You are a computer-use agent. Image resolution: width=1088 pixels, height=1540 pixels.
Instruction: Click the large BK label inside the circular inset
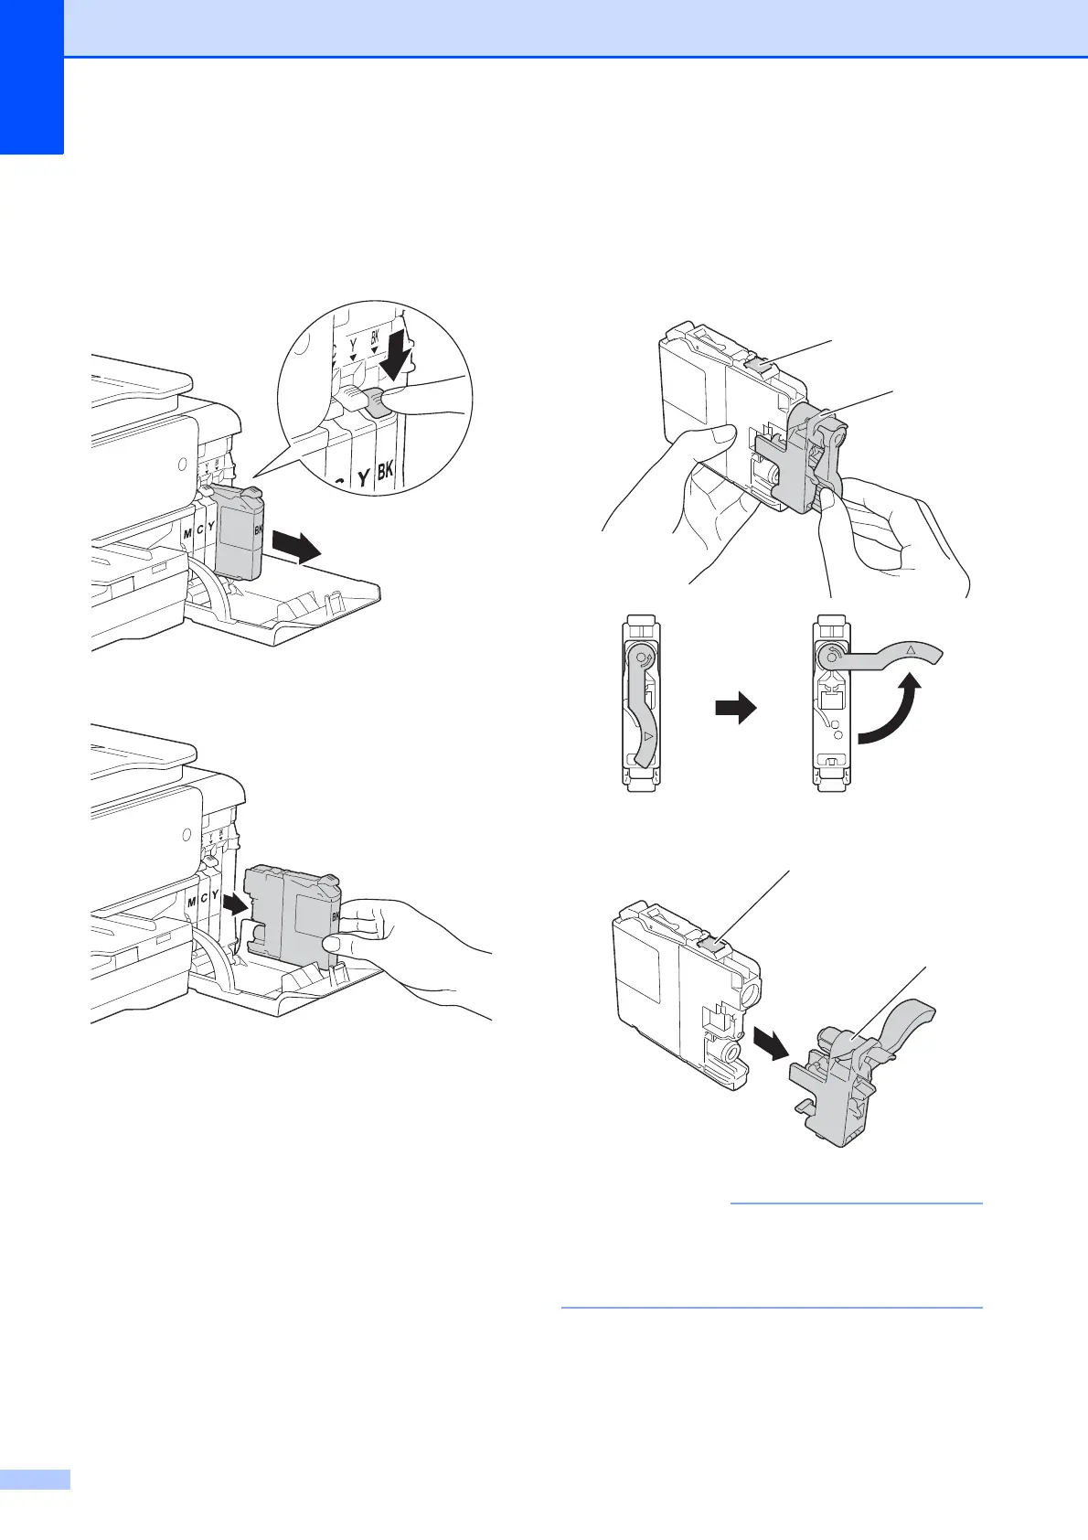tap(385, 471)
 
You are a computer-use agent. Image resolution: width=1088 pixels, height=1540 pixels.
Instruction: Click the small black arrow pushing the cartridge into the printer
tap(235, 904)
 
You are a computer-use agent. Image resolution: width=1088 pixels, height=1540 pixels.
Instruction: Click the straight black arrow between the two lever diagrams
tap(736, 708)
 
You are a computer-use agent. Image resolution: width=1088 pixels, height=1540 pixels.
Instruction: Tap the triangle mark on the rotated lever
tap(910, 648)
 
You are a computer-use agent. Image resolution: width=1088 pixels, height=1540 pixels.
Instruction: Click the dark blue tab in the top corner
tap(31, 77)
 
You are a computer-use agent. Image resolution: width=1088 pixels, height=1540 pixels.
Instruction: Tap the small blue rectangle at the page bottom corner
tap(35, 1504)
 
